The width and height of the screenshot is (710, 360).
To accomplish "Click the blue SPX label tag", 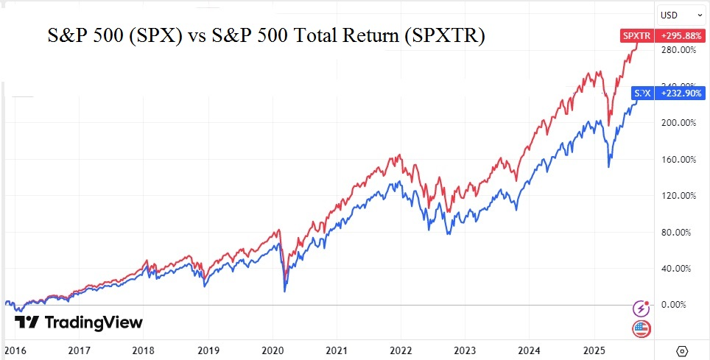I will (642, 93).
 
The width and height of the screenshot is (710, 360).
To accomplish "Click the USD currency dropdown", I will (679, 15).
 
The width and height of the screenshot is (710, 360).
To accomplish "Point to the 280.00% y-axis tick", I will (679, 50).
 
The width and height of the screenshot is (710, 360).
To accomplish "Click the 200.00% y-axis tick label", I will (679, 123).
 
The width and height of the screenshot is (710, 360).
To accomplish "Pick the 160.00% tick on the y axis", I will (679, 159).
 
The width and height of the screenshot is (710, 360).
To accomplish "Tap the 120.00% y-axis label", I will (679, 196).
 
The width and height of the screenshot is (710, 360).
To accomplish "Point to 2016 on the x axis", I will (14, 350).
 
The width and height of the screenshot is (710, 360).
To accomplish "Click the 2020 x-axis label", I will (273, 350).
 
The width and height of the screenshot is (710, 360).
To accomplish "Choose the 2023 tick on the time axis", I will (465, 350).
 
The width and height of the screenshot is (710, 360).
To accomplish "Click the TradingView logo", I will (79, 322).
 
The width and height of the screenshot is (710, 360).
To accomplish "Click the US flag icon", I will (641, 329).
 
